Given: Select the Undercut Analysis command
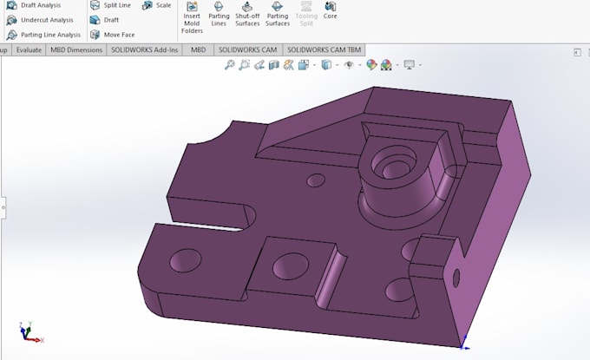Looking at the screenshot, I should coord(46,20).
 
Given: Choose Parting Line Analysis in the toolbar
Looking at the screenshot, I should coord(49,35).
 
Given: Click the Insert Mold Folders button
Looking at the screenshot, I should coord(192,17).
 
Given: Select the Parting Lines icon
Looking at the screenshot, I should coord(219,12).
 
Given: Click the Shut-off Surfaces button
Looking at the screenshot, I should coord(247,12).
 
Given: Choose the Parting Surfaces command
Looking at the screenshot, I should coord(278,12).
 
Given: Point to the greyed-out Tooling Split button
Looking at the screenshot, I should coord(305,12).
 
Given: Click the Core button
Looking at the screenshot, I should coord(331,10).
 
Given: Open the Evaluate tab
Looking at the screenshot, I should coord(29,50).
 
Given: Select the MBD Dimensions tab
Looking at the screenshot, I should coord(75,50).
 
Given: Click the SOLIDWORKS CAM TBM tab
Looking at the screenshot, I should coord(325,50).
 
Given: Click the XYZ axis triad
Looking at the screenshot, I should coord(26,332).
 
